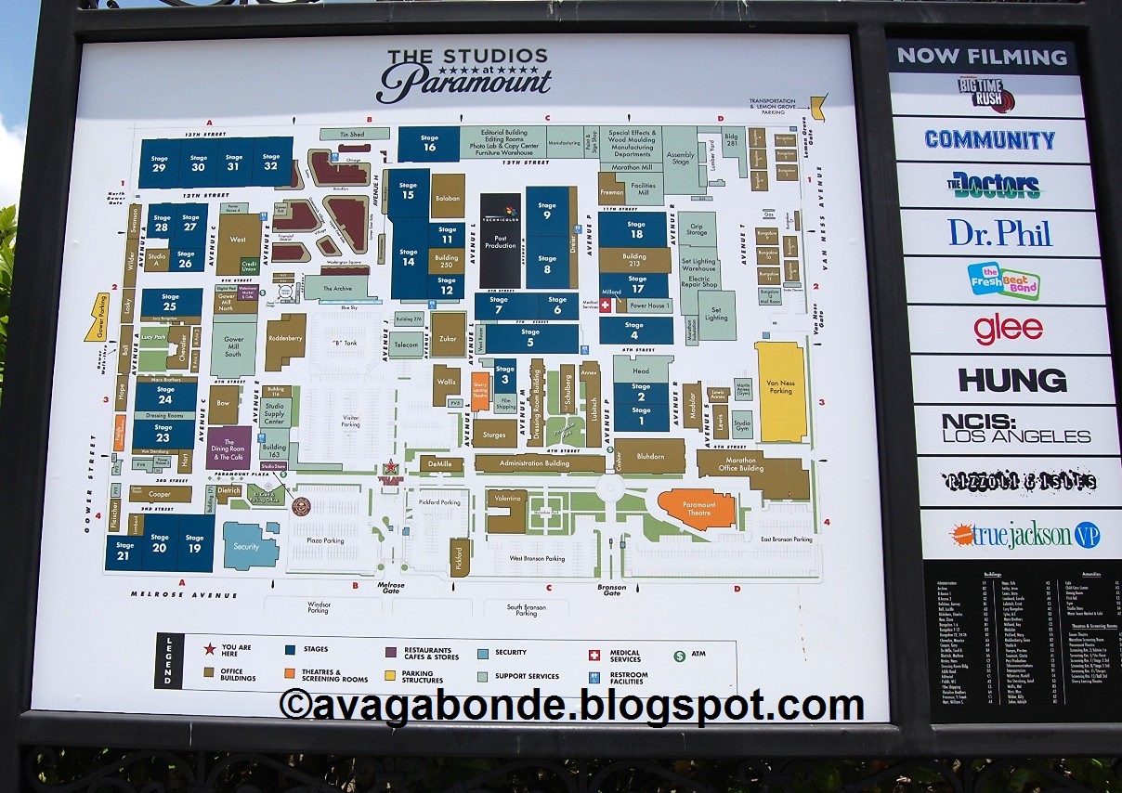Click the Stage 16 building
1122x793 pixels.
tap(429, 144)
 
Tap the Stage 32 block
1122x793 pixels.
tap(271, 162)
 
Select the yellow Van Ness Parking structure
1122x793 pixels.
tap(780, 391)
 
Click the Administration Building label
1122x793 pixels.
tap(540, 463)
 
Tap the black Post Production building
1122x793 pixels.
tap(501, 240)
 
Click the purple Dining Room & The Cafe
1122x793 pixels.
tap(228, 448)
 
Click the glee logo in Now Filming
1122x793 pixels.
tap(1008, 329)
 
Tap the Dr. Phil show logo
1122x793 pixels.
tap(999, 232)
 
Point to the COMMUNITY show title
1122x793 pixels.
tap(990, 139)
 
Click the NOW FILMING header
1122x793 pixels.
tap(982, 56)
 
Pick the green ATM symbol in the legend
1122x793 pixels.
tap(681, 654)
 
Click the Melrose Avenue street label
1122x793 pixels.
tap(184, 594)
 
